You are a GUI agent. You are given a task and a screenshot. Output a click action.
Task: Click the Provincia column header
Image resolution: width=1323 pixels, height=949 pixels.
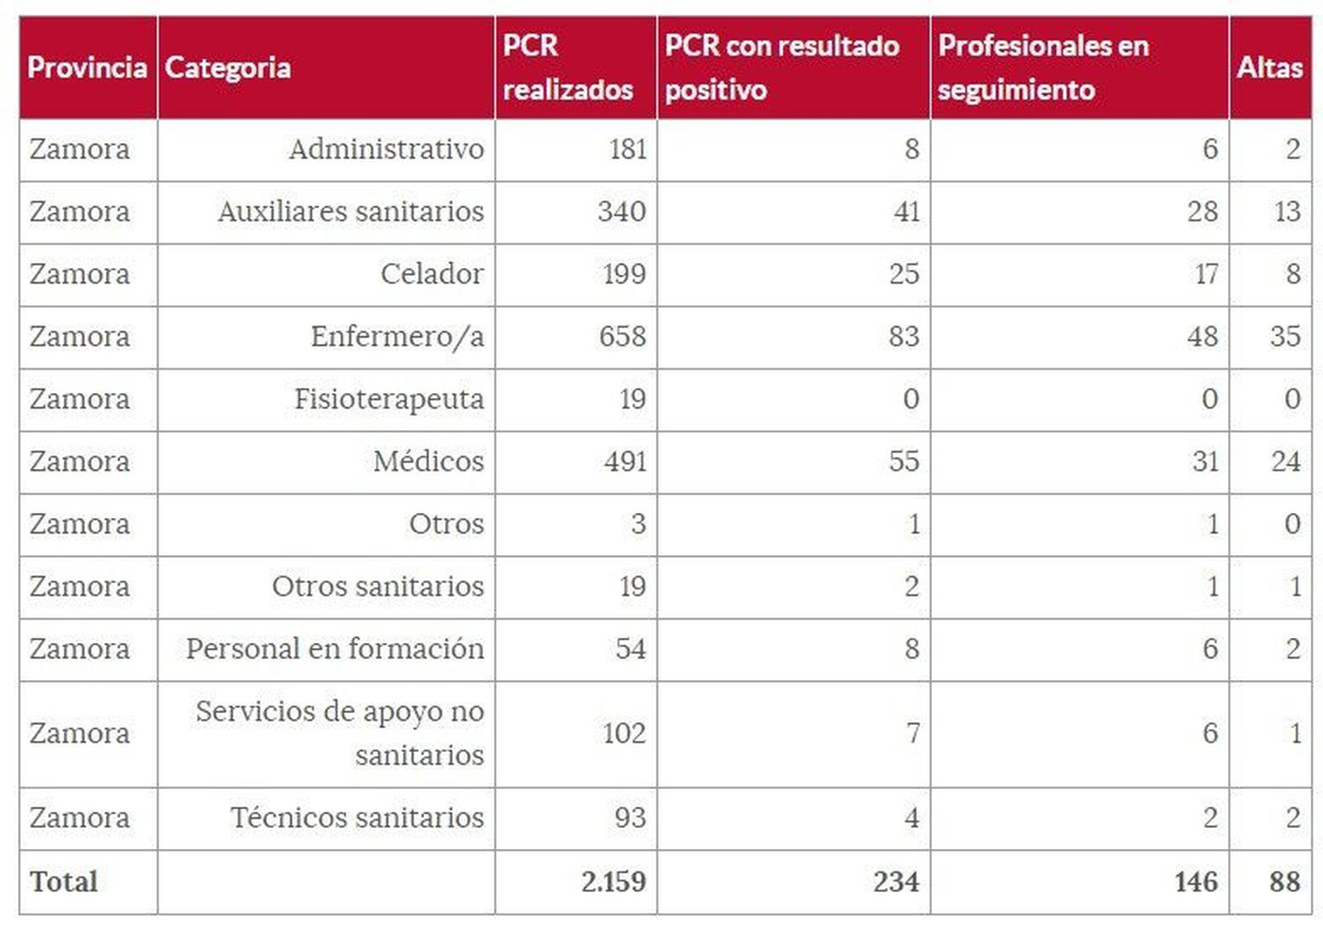pos(87,68)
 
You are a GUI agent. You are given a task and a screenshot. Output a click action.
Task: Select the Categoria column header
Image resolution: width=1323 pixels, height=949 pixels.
pos(227,68)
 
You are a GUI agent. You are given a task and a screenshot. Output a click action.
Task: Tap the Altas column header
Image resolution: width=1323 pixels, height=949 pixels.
pos(1269,68)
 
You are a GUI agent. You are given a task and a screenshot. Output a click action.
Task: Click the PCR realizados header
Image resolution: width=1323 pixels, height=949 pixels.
pos(567,68)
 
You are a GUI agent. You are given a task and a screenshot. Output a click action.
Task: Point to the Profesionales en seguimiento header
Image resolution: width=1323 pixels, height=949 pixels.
pos(1043,68)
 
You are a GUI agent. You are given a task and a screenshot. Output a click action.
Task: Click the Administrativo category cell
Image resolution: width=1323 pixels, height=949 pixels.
pos(386,150)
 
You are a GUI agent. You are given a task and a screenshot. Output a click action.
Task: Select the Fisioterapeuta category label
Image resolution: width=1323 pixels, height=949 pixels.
pos(389,400)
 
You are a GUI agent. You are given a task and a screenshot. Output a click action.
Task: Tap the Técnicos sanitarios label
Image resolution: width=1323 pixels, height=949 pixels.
pos(356,818)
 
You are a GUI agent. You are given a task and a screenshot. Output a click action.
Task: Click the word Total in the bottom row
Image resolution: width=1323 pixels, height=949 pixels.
pos(64,882)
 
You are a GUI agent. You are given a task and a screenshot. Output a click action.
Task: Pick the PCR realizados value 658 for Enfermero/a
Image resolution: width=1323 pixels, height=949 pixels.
pos(623,337)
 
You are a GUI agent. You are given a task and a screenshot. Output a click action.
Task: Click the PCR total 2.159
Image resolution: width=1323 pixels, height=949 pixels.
pos(613,882)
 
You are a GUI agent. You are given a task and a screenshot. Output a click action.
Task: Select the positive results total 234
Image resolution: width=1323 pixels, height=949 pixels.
pos(896,882)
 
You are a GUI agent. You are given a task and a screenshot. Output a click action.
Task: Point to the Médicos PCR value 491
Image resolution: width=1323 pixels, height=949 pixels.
pos(624,462)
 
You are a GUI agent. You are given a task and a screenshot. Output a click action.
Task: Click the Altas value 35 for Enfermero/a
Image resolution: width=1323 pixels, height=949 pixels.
pos(1285,337)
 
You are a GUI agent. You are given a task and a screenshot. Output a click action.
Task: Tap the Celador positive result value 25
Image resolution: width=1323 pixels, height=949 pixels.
pos(904,275)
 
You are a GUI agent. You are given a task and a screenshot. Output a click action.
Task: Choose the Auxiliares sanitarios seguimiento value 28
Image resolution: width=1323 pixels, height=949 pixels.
pos(1202,212)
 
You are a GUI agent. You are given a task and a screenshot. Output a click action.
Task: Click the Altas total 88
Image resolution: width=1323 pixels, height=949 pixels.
pos(1285,882)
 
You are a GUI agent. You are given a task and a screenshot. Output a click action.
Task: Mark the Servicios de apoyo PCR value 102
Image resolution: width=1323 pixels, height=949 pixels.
pos(623,734)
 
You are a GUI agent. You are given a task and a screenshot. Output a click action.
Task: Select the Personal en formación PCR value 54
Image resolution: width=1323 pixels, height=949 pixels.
pos(630,649)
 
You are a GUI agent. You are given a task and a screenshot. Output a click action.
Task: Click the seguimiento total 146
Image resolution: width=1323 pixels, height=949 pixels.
pos(1196,882)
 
